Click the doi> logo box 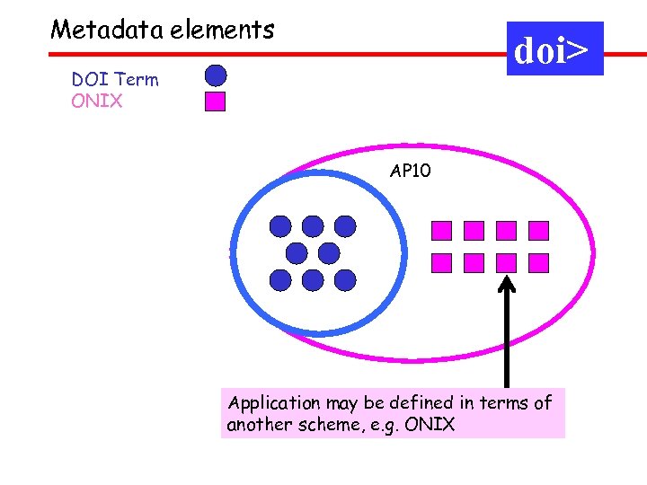[554, 49]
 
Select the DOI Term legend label [115, 80]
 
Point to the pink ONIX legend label [97, 101]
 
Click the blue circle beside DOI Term [216, 75]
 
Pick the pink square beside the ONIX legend [216, 101]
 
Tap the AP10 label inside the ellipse [410, 171]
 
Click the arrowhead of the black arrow [507, 285]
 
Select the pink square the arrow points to [507, 262]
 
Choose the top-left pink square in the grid [442, 231]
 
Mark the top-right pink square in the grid [538, 231]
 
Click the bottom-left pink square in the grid [442, 262]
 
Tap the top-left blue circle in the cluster [281, 225]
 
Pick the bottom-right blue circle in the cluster [345, 280]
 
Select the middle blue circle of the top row [313, 225]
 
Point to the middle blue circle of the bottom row [313, 280]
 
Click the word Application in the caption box [273, 403]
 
